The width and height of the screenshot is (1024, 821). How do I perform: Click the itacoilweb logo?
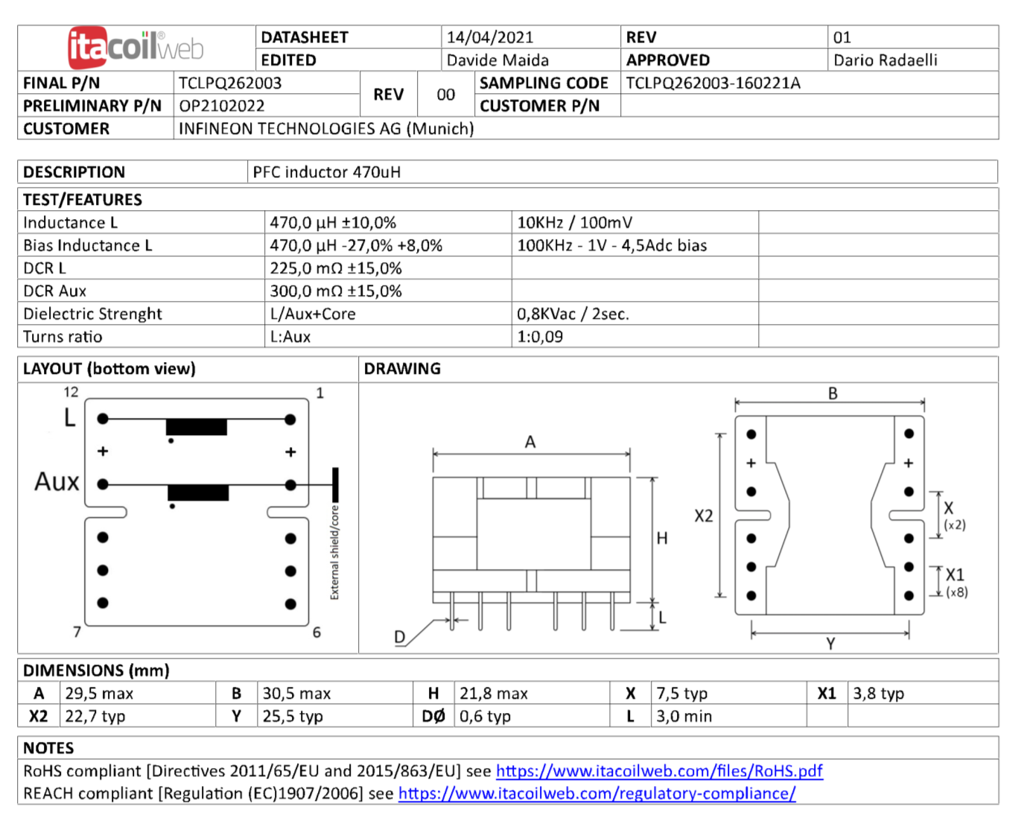(136, 47)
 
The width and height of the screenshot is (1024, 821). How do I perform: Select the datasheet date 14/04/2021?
(489, 37)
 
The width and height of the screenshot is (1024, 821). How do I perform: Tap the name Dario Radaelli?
(885, 60)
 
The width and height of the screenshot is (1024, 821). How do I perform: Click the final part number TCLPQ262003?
(230, 83)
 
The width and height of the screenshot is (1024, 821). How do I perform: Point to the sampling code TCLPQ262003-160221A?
(713, 83)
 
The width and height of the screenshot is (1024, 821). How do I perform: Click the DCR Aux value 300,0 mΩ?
(335, 291)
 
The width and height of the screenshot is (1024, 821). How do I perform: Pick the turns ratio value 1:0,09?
(540, 337)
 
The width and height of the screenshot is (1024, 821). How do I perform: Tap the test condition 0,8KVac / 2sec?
(573, 314)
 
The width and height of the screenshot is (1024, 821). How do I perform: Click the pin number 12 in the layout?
(71, 392)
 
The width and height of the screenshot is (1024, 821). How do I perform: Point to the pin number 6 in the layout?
(317, 633)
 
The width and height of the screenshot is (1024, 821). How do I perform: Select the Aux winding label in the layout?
(57, 482)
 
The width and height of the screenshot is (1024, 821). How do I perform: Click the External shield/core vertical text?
(334, 552)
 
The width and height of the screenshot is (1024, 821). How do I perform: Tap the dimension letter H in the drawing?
(662, 538)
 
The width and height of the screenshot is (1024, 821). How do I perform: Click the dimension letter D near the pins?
(400, 637)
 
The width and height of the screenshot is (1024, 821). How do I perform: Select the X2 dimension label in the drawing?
(703, 516)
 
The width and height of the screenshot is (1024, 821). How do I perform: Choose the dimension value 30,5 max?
(296, 694)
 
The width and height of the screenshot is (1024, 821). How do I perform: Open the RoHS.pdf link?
(659, 771)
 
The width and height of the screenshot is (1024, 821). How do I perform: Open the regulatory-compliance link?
(597, 793)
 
